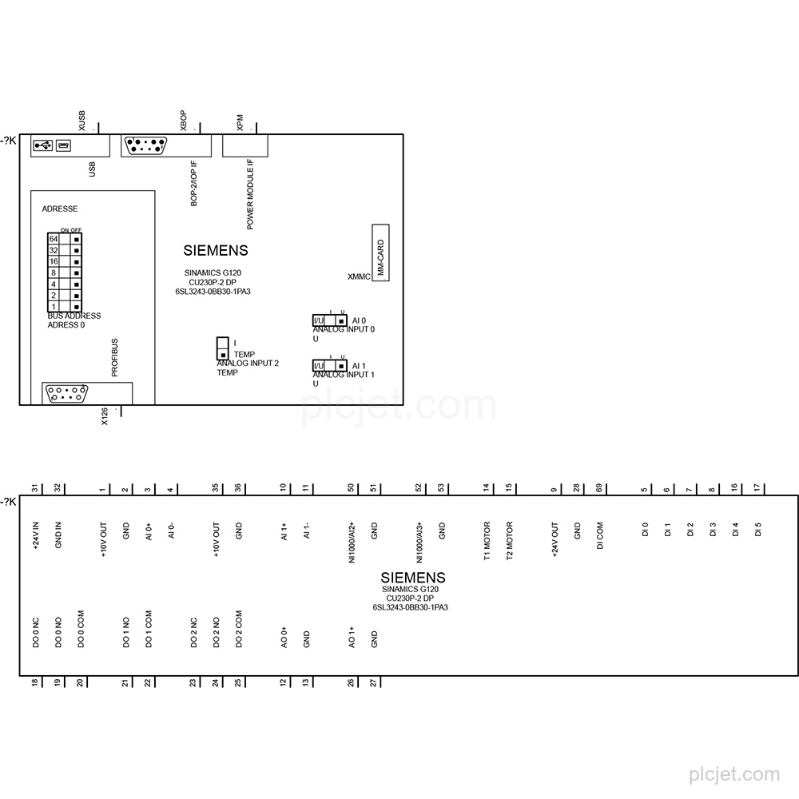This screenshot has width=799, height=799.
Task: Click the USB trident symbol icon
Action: point(43,145)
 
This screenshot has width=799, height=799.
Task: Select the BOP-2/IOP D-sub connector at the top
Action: point(145,145)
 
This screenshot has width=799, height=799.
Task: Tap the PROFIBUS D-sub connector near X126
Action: point(66,394)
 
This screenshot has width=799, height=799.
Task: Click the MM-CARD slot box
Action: point(380,252)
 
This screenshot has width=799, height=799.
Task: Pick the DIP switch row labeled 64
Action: point(65,238)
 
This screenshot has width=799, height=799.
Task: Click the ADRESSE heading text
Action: point(60,209)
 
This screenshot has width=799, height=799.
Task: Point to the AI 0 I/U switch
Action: point(330,320)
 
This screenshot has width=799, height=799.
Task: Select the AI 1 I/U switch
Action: point(330,366)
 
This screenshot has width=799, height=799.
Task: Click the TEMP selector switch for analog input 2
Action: point(223,348)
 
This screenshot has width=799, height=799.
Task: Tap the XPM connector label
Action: point(240,122)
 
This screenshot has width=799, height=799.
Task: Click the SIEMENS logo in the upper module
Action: point(216,251)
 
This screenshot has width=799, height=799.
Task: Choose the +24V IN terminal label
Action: point(36,535)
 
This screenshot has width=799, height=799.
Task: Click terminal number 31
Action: point(35,488)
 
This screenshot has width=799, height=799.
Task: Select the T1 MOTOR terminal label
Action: point(487,541)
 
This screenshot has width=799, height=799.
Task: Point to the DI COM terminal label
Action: point(600,535)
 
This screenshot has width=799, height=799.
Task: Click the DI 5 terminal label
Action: point(758,530)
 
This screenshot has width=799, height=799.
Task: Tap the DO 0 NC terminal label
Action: point(36,632)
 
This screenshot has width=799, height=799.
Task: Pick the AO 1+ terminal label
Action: point(352,638)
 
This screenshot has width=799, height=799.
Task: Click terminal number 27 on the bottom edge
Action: point(373,683)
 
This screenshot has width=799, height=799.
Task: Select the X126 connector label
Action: point(105,416)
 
